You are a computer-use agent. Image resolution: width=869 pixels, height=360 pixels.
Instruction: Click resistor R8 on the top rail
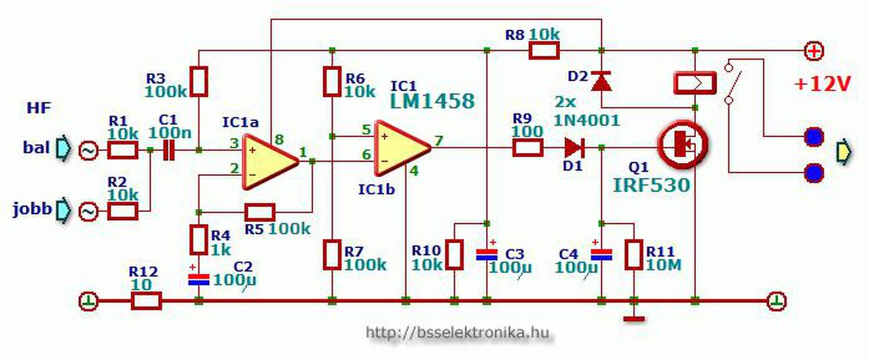[544, 50]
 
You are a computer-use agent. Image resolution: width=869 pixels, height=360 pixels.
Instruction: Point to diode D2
[601, 81]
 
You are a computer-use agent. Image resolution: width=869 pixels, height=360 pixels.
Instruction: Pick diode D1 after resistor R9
[574, 146]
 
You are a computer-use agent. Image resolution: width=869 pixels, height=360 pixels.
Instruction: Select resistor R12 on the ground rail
[145, 300]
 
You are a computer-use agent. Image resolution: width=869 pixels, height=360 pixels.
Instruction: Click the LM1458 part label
[432, 101]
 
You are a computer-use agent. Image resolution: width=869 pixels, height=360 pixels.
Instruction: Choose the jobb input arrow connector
[61, 210]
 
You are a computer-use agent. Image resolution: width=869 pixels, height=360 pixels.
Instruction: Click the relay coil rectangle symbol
[695, 82]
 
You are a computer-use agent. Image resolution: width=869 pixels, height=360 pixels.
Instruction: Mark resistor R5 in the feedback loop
[259, 211]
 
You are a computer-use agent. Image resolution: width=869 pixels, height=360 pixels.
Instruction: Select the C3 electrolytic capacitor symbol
[487, 255]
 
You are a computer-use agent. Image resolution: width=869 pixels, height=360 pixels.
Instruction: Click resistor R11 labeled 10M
[634, 254]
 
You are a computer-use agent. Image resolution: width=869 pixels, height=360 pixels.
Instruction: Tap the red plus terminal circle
[813, 50]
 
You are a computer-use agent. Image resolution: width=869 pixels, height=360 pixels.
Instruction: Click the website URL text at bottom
[456, 333]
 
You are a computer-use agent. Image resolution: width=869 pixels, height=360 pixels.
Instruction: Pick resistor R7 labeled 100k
[332, 254]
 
